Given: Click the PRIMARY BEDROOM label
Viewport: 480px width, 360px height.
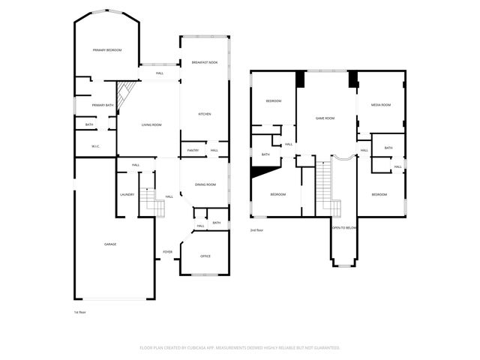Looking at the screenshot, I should coord(107,50).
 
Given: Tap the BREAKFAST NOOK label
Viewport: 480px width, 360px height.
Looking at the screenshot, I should coord(204,62).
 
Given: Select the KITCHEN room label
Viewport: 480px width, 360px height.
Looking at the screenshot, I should coord(204,114).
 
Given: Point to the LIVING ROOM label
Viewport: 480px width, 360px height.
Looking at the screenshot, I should coord(151,124).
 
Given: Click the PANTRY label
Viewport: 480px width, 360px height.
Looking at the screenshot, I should coord(193,151).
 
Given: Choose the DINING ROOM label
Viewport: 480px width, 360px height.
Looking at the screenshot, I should coord(205,184).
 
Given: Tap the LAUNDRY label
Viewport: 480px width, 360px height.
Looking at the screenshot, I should coord(127,195).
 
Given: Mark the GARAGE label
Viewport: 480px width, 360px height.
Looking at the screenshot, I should coord(110,244).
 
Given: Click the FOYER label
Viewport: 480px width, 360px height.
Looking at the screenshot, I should coord(168,251).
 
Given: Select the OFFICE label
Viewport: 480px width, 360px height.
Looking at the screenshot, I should coord(205,256).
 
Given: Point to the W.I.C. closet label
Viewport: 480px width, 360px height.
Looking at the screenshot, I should coord(96,146).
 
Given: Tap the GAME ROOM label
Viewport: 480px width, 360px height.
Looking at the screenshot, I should coord(324,118).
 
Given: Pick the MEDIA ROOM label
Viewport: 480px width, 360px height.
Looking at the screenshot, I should coord(381,105).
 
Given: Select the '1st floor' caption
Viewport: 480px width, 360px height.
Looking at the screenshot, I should coord(79,312).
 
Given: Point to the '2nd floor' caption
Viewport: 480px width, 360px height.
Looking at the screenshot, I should coord(257,230).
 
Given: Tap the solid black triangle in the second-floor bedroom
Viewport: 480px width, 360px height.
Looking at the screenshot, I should coord(259,172).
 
